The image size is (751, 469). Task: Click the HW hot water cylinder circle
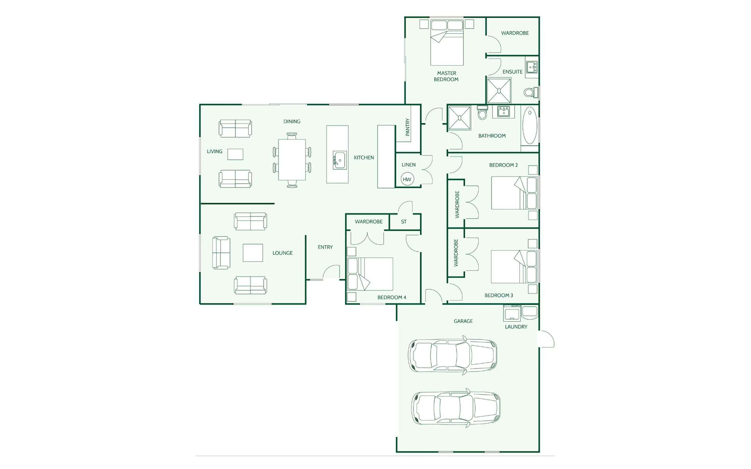pos(407,179)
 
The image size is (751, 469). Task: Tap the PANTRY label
pos(407,127)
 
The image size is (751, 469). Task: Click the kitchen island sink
pos(340,160)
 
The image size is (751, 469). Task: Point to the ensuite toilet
pos(531,92)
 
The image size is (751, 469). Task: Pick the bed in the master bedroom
pos(447,43)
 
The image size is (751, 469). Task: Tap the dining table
pos(292,160)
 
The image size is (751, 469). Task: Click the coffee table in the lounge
pos(253,253)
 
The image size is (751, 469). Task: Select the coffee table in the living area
pos(235,154)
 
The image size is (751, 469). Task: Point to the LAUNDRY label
pos(516,327)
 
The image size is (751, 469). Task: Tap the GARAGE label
pos(463,321)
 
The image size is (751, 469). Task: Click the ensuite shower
pos(499,91)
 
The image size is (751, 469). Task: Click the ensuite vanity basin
pos(532,67)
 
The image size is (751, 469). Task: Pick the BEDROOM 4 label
pos(392,297)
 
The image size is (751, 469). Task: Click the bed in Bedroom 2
pos(514,193)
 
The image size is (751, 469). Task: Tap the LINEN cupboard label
pos(408,165)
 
